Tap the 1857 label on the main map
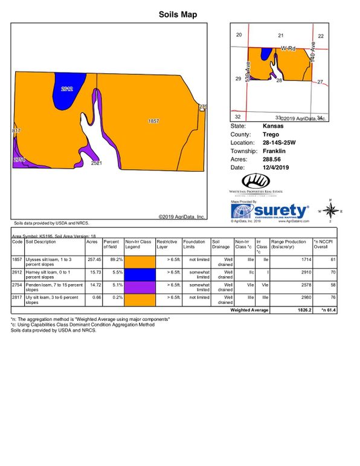(153, 121)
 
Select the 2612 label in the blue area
(67, 89)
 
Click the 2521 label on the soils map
(96, 163)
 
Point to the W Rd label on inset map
(288, 48)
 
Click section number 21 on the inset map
(280, 36)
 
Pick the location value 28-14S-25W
(279, 143)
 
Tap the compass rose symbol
(330, 211)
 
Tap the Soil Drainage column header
(221, 244)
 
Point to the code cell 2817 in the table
(18, 297)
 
